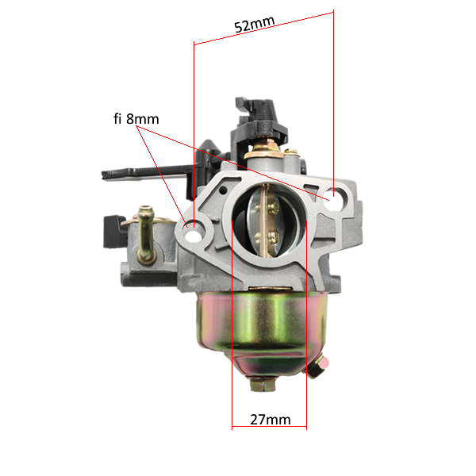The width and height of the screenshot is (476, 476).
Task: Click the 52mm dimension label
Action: (255, 25)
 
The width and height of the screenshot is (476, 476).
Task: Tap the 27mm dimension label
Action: (271, 420)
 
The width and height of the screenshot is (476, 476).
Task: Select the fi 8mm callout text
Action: (136, 119)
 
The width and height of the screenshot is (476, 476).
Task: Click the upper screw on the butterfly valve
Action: (274, 208)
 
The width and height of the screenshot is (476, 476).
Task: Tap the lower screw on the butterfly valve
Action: (274, 236)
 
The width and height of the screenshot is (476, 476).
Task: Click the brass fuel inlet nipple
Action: (146, 234)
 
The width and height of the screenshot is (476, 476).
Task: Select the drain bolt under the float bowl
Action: (263, 384)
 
